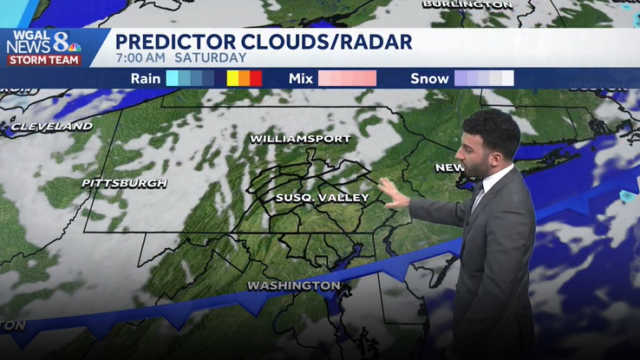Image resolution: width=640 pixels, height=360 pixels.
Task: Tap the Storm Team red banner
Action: coord(43,60)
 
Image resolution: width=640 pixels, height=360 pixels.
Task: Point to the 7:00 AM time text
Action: coord(140,57)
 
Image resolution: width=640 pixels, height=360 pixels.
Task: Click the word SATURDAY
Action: coord(211,57)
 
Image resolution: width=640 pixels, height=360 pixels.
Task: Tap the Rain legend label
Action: coord(146,78)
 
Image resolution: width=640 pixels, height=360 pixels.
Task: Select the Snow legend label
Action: coord(429,78)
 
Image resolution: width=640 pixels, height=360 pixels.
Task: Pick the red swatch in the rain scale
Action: coord(256,78)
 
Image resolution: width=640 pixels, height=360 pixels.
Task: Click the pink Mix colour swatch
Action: coord(347,78)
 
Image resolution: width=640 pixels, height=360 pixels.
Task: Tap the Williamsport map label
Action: coord(300,139)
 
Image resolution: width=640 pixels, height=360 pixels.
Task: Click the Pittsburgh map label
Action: coord(124,183)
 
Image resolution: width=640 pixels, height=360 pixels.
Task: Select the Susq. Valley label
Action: coord(322,198)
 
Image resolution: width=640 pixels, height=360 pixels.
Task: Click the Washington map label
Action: coord(294,285)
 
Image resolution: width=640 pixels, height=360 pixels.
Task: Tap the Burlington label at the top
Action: coord(467,4)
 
